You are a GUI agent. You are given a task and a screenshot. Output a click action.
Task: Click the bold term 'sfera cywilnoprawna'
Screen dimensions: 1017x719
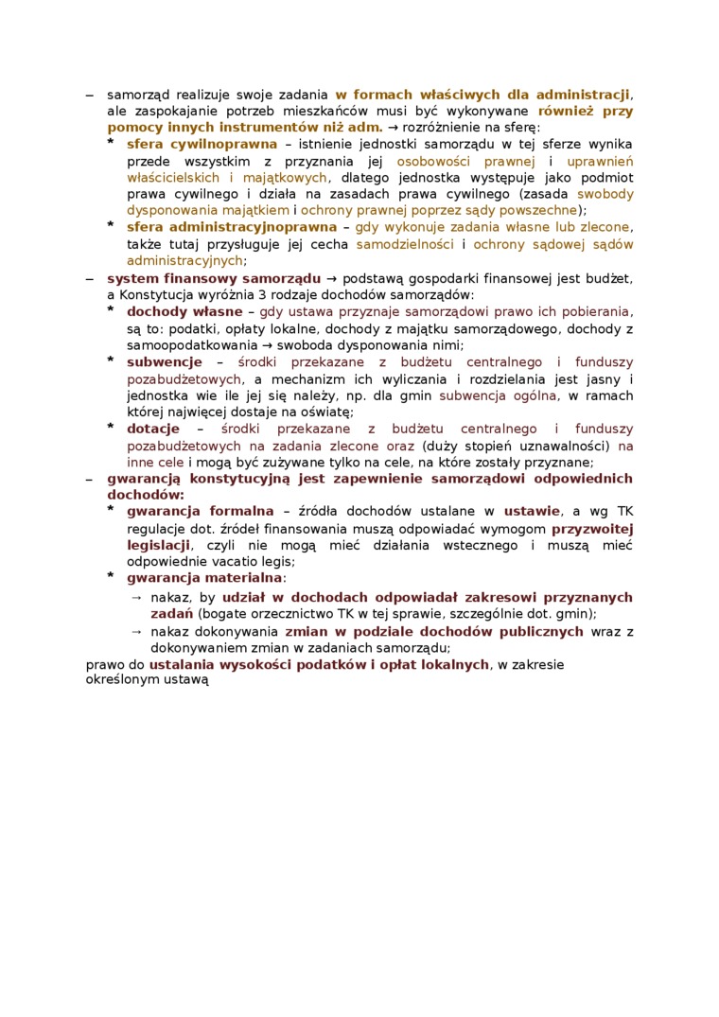(x=202, y=144)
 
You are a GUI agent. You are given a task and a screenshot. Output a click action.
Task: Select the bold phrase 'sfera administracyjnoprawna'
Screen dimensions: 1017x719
(x=231, y=227)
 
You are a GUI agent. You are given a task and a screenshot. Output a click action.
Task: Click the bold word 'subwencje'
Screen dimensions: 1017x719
(x=165, y=361)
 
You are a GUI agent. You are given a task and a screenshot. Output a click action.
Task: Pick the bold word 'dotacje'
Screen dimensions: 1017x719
(x=153, y=429)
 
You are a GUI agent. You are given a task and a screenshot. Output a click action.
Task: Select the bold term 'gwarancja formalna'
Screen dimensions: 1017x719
(x=200, y=512)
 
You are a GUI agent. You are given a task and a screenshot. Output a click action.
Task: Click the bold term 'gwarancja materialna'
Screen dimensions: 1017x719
(x=204, y=577)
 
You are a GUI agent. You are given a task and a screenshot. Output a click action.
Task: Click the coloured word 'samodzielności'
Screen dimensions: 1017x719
(x=406, y=244)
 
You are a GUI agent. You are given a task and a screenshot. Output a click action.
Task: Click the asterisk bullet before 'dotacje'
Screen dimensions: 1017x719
(x=110, y=429)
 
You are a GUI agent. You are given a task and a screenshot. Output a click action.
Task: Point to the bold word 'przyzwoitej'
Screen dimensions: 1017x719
(x=592, y=528)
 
